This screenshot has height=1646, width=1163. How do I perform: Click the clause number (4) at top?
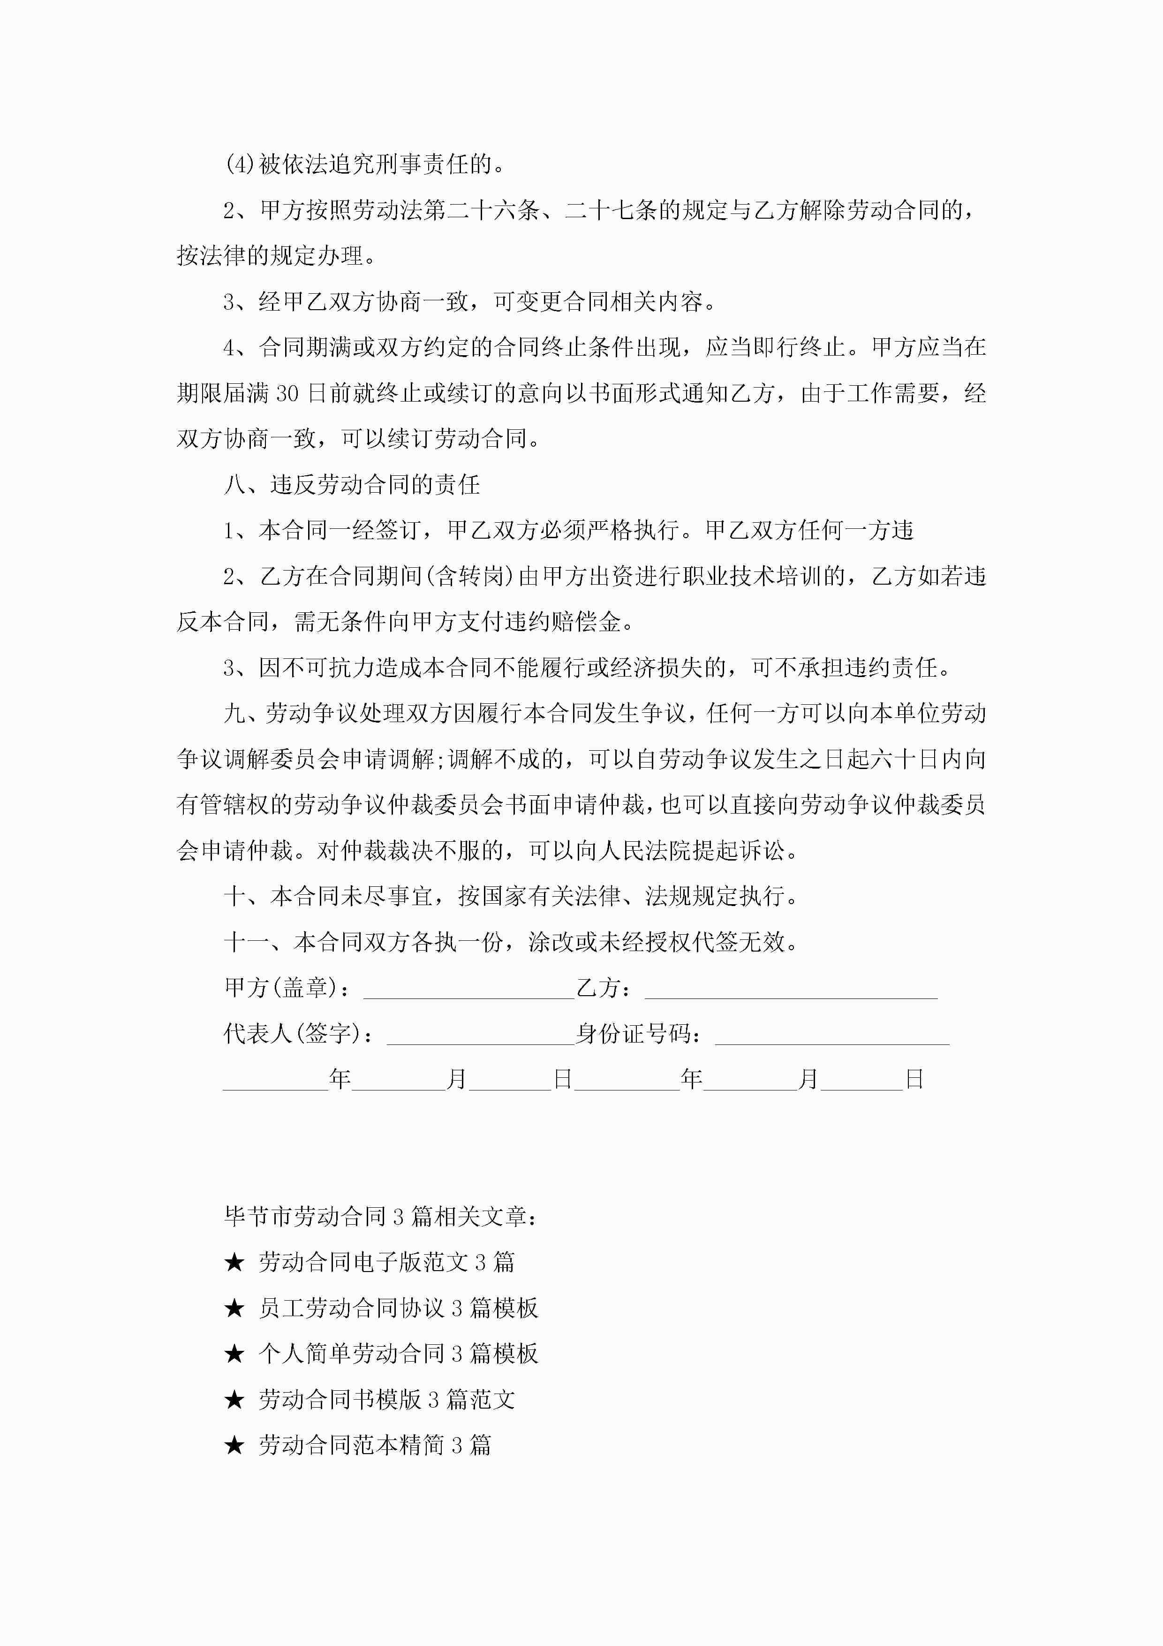click(x=239, y=165)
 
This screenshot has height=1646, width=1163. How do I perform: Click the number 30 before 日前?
click(x=287, y=394)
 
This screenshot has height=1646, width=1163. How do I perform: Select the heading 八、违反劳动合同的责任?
click(x=351, y=485)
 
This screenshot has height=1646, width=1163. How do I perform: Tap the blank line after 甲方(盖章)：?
click(x=468, y=989)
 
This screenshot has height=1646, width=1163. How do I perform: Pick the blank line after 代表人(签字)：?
click(x=480, y=1035)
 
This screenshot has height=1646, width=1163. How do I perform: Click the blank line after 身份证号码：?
click(x=831, y=1035)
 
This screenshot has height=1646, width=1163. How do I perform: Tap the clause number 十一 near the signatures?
click(x=247, y=943)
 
